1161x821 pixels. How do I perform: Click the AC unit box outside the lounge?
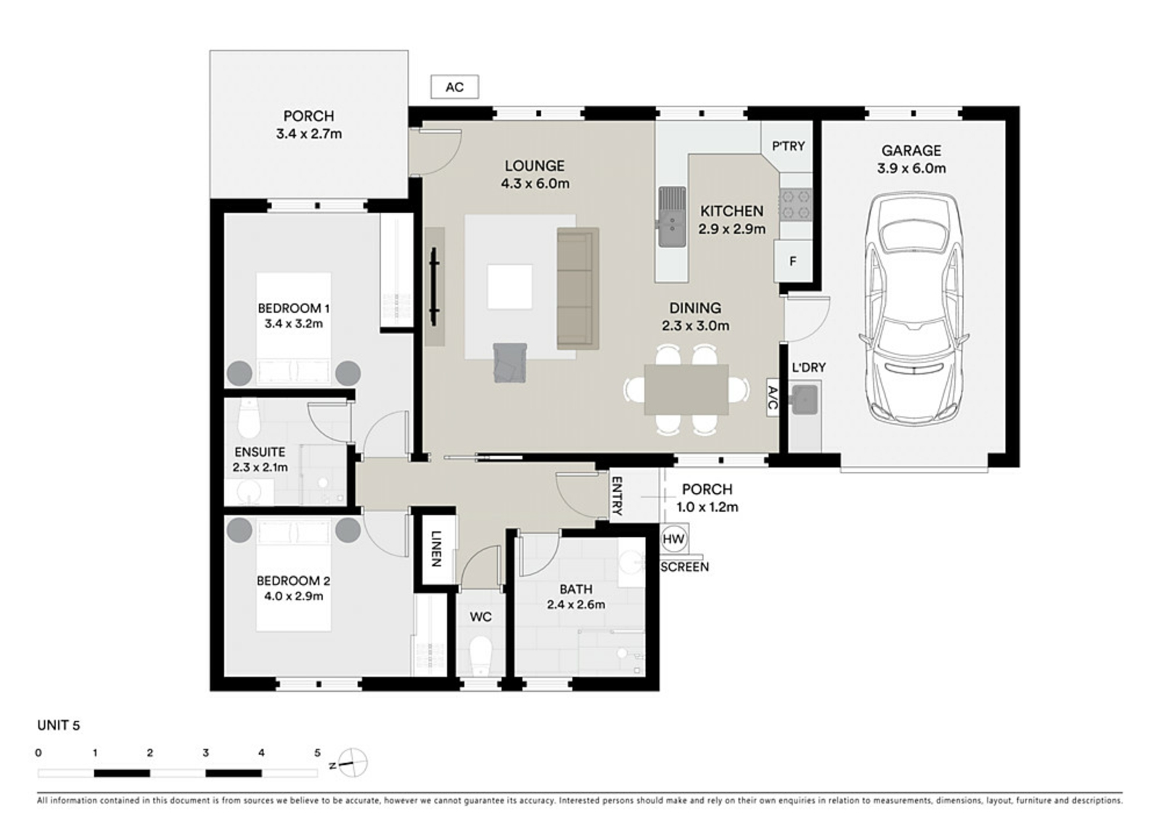[454, 87]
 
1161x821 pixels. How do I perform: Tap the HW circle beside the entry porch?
[673, 539]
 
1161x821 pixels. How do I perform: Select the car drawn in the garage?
[914, 307]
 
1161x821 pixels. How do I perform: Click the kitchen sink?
[672, 217]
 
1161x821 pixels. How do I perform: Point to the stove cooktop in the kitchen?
[796, 205]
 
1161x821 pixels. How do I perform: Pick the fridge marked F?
[792, 261]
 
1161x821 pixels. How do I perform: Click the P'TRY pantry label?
[788, 146]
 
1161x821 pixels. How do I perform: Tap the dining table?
[686, 390]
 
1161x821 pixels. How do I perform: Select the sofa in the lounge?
[578, 288]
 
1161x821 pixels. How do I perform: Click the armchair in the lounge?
[510, 363]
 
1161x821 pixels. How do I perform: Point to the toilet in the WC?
[480, 657]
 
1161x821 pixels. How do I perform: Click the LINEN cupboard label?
[436, 548]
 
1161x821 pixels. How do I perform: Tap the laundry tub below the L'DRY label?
[803, 399]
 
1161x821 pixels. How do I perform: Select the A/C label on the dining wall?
[772, 398]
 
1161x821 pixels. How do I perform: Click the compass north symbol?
[352, 763]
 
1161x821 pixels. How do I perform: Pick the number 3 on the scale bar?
[206, 753]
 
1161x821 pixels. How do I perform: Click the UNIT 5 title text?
[59, 725]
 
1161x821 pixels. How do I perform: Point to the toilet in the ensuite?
[249, 419]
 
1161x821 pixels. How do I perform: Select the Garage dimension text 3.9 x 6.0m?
[911, 168]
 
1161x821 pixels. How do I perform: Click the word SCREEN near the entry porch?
[684, 567]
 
